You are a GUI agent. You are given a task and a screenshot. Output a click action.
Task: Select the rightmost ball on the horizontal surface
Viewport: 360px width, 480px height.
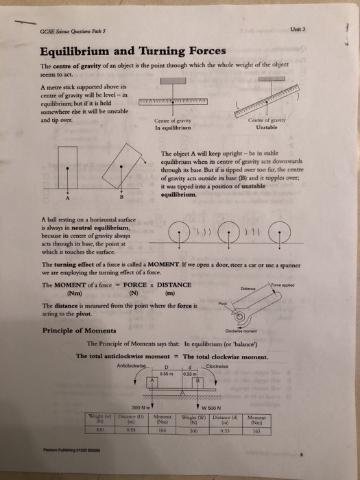click(x=284, y=237)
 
